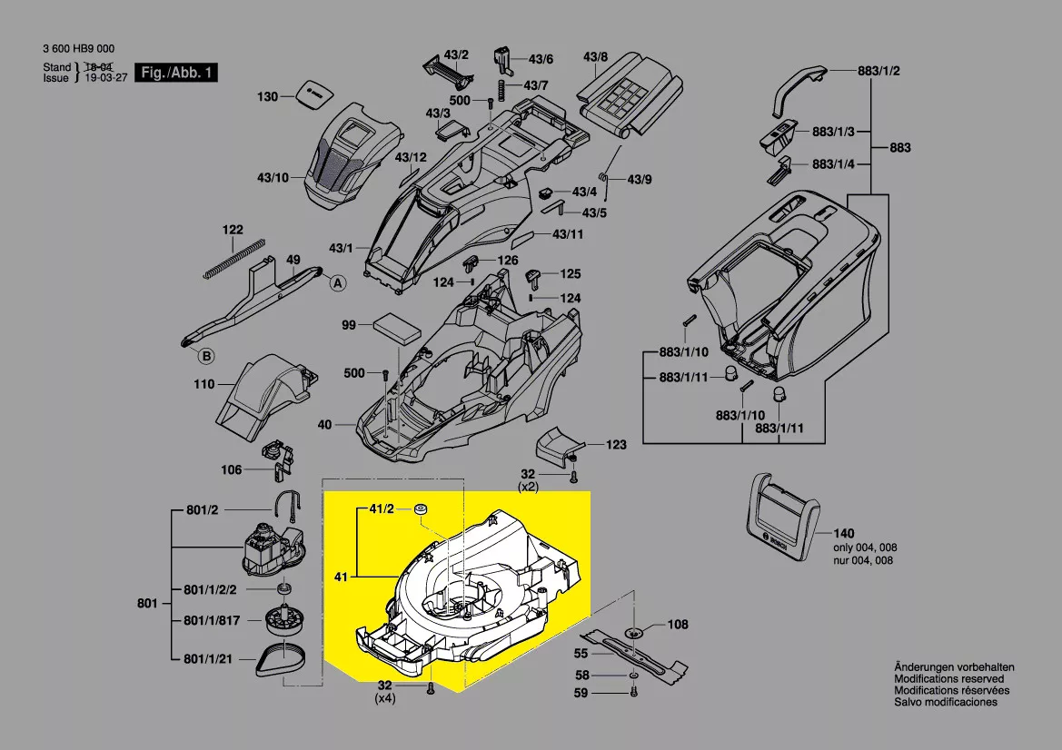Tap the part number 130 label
click(x=267, y=96)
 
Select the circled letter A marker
click(x=338, y=283)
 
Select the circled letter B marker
click(x=206, y=355)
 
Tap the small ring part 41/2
click(x=422, y=510)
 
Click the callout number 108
click(x=678, y=625)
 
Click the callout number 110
click(x=204, y=384)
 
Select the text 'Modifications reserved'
click(x=949, y=678)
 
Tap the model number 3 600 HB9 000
click(x=79, y=49)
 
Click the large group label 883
click(x=899, y=147)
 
